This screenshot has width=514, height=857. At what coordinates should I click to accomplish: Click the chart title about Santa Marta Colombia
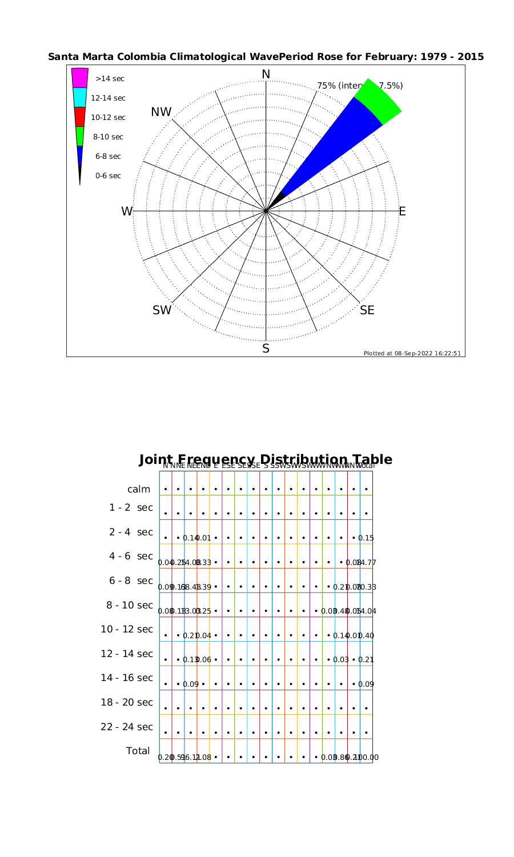pyautogui.click(x=266, y=57)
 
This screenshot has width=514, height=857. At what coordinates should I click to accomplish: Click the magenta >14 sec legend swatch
pyautogui.click(x=80, y=78)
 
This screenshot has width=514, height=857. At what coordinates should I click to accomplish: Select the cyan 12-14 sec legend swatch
pyautogui.click(x=80, y=97)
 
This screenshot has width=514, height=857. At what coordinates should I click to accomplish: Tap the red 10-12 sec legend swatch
pyautogui.click(x=80, y=117)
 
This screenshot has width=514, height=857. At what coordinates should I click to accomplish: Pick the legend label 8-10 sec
pyautogui.click(x=109, y=137)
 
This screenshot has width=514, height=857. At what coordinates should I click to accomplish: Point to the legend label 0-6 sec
pyautogui.click(x=108, y=176)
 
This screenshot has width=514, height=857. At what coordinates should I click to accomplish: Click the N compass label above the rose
pyautogui.click(x=266, y=74)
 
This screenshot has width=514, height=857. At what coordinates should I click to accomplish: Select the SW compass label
pyautogui.click(x=162, y=310)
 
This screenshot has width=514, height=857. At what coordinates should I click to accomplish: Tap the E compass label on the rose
pyautogui.click(x=402, y=211)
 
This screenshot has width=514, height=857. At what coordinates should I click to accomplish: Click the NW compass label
pyautogui.click(x=162, y=113)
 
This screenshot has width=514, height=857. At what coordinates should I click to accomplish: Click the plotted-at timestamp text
pyautogui.click(x=412, y=353)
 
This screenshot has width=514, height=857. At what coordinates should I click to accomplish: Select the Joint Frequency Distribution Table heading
pyautogui.click(x=266, y=459)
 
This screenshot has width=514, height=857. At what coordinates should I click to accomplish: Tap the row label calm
pyautogui.click(x=139, y=489)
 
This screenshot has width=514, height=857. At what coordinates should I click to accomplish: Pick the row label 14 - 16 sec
pyautogui.click(x=127, y=678)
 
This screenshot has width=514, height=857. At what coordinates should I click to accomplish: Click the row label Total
pyautogui.click(x=138, y=751)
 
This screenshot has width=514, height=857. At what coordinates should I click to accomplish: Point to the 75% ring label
pyautogui.click(x=337, y=86)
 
